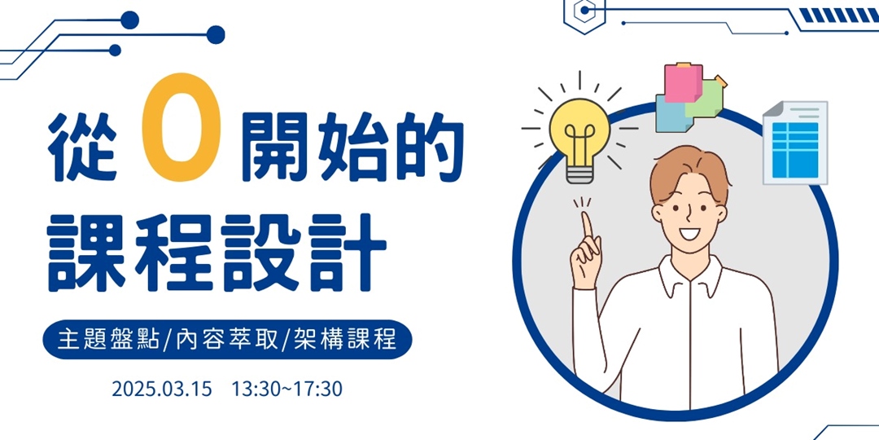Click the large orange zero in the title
181,127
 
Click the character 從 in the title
82,147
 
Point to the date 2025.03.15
163,389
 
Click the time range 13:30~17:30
287,389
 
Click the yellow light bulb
579,138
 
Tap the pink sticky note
684,84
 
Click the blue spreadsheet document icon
795,143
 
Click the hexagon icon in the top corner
584,11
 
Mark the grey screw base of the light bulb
579,174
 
